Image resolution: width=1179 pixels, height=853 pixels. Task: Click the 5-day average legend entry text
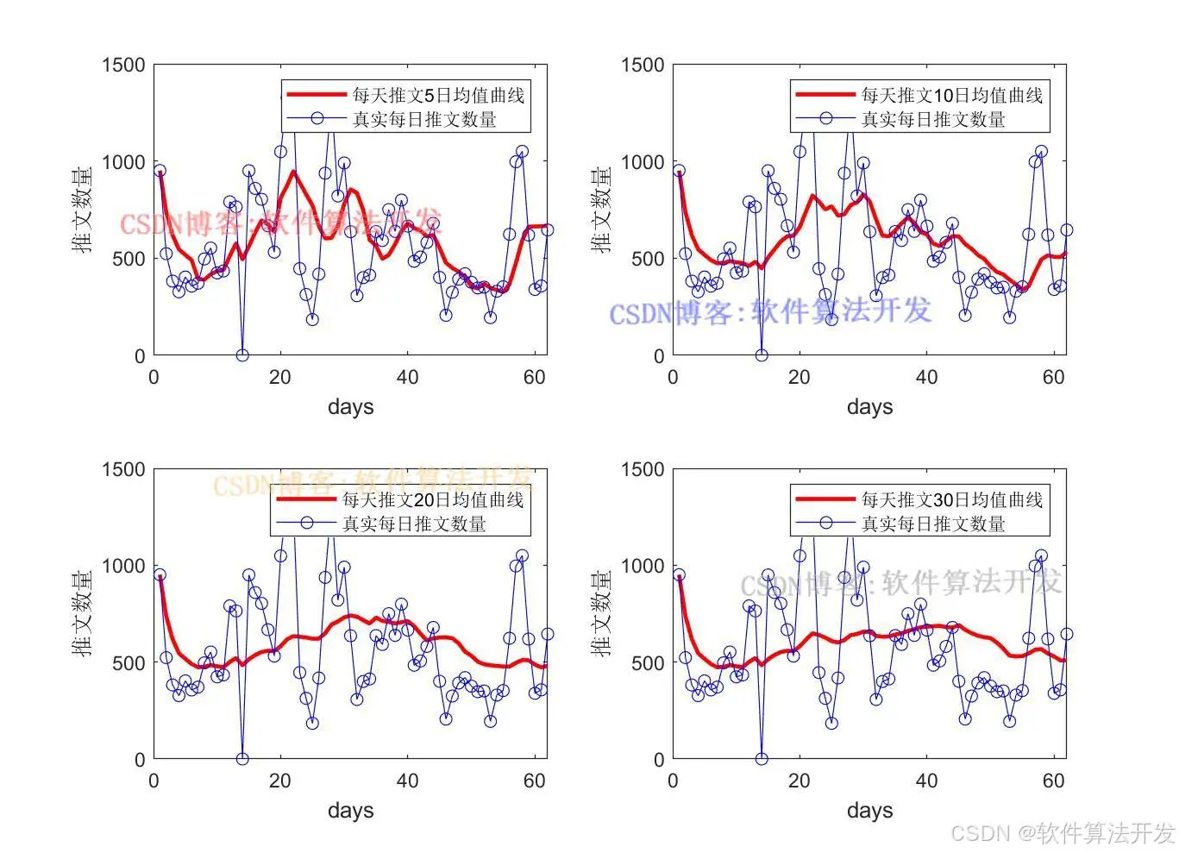click(x=438, y=95)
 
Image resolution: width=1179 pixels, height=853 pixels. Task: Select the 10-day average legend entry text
click(x=952, y=95)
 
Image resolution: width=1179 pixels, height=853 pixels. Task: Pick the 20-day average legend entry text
click(x=433, y=499)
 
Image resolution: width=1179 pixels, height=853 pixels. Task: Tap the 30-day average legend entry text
click(x=952, y=499)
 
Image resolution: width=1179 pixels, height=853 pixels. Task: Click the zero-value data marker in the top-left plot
click(x=242, y=355)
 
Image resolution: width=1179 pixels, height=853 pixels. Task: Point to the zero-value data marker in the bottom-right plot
click(x=762, y=759)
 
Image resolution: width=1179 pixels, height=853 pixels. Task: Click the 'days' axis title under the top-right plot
click(x=869, y=407)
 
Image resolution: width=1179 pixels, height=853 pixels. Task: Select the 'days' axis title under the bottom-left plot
click(x=350, y=811)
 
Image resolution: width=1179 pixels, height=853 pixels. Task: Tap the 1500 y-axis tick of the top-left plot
click(x=123, y=66)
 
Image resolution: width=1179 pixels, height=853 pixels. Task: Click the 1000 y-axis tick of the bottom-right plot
click(x=643, y=566)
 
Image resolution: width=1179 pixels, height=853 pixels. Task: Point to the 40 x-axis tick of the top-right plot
click(x=926, y=378)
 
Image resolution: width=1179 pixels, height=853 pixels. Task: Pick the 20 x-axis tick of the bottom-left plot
click(x=279, y=781)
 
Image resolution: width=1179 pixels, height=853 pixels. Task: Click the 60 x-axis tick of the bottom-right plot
click(x=1053, y=781)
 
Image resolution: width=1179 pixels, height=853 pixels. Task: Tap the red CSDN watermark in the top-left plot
click(x=280, y=223)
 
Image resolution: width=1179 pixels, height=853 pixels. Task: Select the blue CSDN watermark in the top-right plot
click(x=770, y=311)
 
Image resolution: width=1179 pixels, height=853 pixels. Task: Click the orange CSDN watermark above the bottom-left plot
click(x=373, y=481)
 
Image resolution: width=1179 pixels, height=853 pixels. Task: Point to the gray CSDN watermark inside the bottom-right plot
click(x=900, y=584)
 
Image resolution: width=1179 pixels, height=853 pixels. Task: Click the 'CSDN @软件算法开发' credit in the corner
click(x=1063, y=833)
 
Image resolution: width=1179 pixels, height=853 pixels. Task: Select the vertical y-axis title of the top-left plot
click(x=83, y=210)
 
